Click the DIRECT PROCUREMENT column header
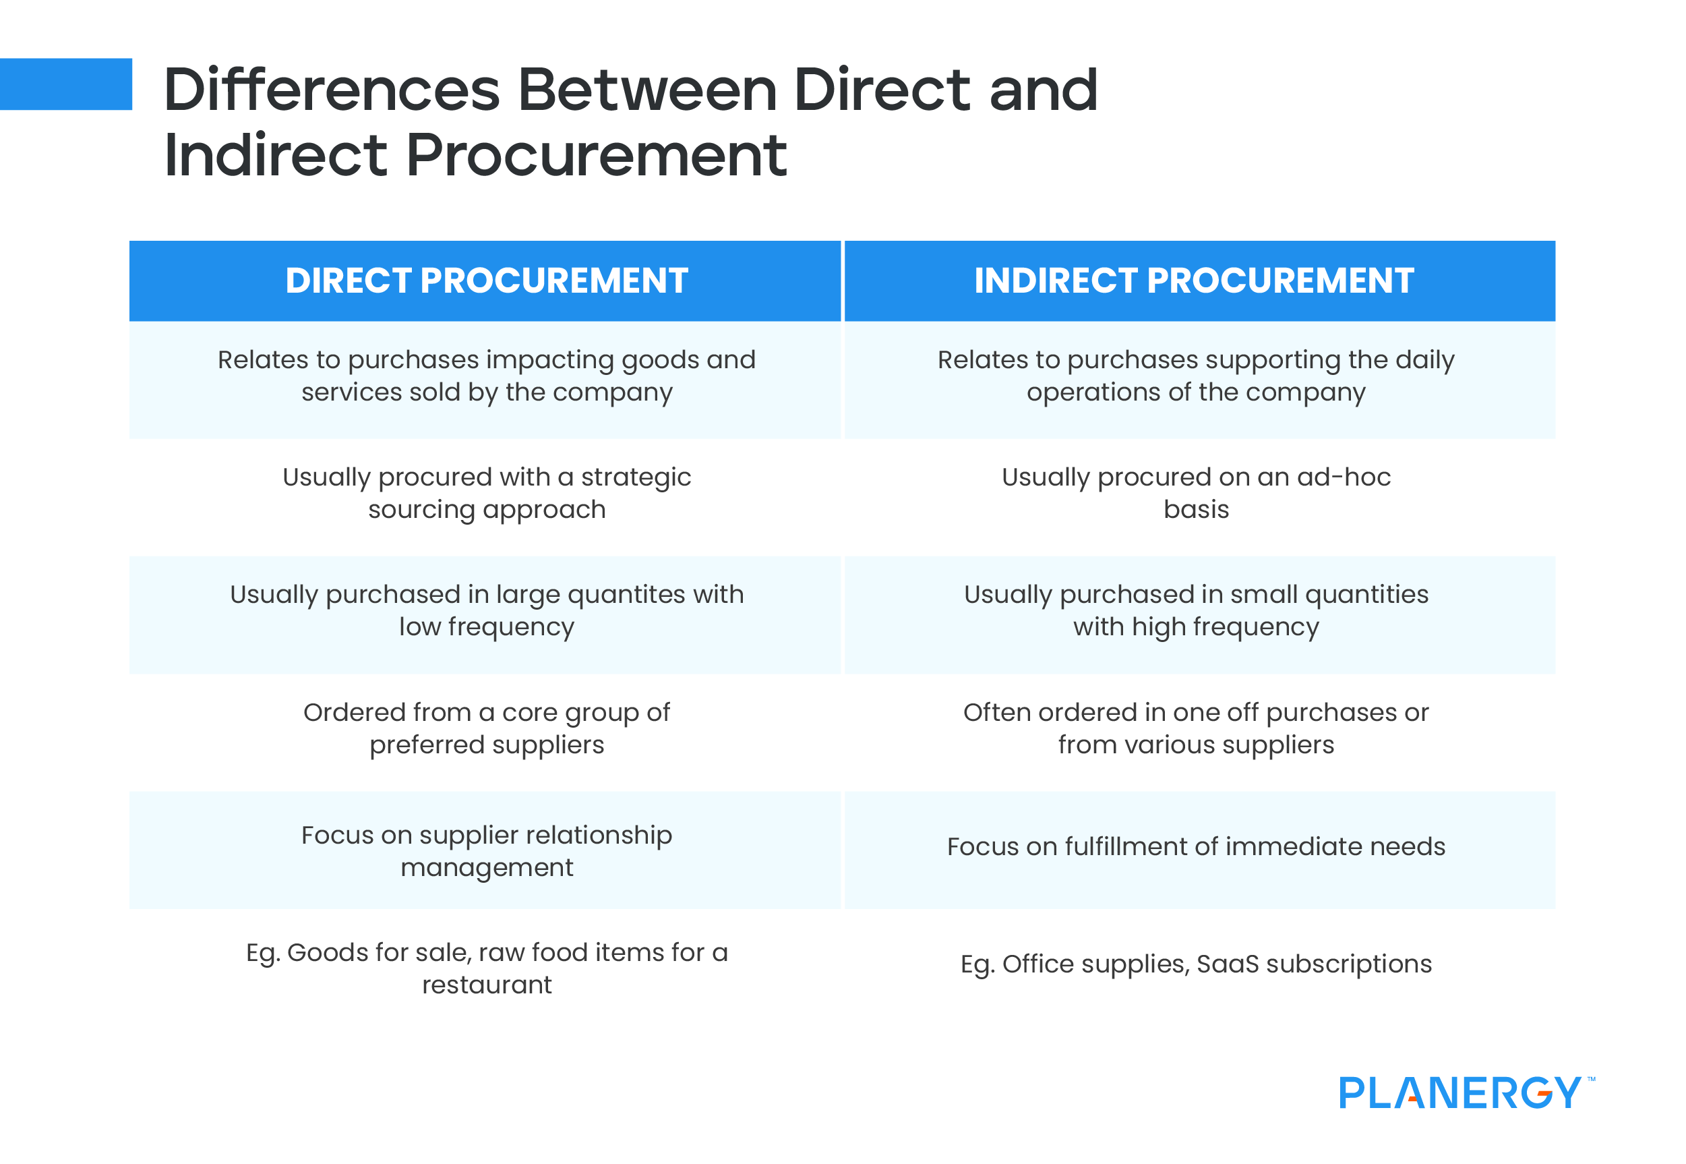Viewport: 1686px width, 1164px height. tap(486, 281)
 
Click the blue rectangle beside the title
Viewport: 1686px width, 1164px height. tap(65, 84)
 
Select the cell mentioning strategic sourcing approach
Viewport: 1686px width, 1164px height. tap(486, 493)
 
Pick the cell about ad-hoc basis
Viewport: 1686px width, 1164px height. tap(1195, 493)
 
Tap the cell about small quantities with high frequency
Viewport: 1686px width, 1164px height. tap(1195, 610)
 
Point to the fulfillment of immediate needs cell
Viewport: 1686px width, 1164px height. tap(1195, 847)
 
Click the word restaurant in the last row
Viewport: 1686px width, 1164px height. tap(486, 985)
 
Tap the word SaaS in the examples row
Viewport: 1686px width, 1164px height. tap(1227, 964)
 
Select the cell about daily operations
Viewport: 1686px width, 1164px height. tap(1195, 376)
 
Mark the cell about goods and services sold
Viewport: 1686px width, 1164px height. tap(486, 376)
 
